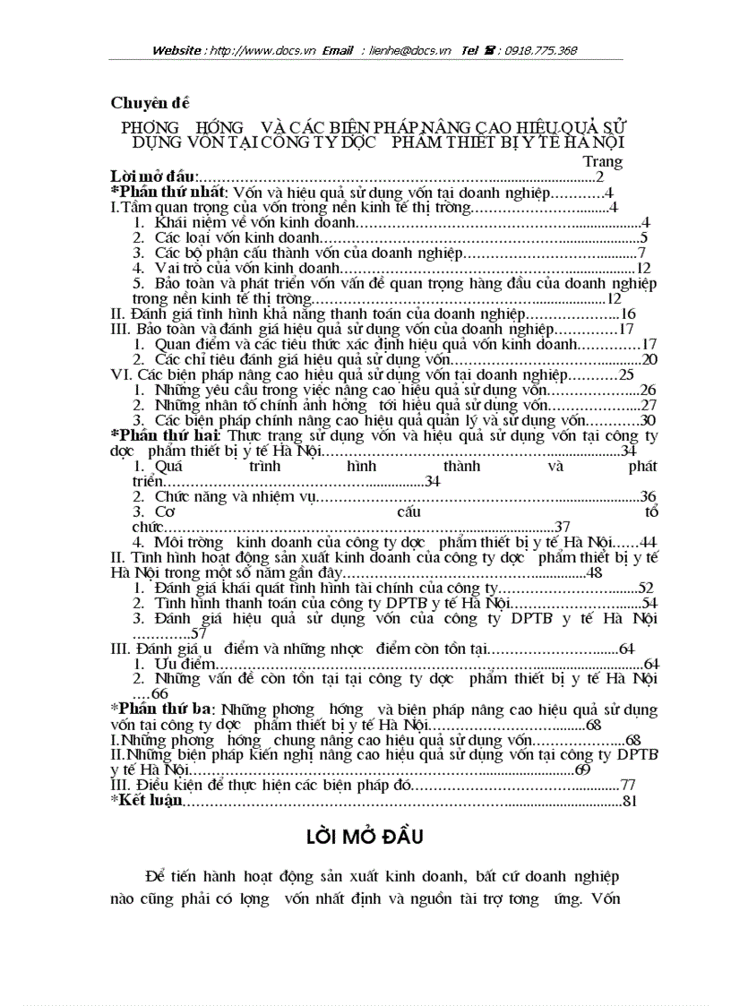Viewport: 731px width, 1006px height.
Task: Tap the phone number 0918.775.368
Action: [540, 51]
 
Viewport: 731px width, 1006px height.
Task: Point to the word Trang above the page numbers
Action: [602, 161]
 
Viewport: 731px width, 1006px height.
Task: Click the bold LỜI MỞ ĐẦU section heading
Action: [364, 837]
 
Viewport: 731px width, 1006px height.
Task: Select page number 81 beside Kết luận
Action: [628, 800]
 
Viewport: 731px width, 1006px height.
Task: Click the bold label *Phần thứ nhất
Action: [167, 193]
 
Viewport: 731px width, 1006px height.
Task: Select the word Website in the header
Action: [176, 51]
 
